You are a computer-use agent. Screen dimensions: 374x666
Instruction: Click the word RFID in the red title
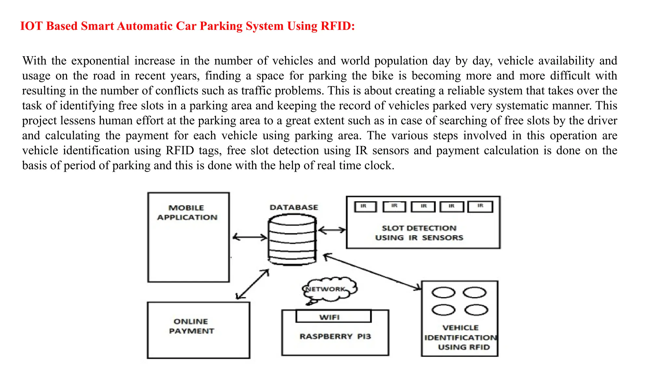(x=337, y=26)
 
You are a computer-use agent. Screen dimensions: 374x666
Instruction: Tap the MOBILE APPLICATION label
(x=187, y=213)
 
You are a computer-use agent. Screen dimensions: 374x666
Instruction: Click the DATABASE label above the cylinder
(x=294, y=207)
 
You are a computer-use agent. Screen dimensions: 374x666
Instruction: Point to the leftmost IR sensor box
(x=365, y=206)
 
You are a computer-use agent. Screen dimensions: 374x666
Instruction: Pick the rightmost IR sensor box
(x=480, y=206)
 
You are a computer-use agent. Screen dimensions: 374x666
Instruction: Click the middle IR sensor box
(x=423, y=206)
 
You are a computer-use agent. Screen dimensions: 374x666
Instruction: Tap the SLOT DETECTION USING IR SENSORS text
(x=419, y=233)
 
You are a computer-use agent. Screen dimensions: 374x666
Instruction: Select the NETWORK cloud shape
(x=328, y=289)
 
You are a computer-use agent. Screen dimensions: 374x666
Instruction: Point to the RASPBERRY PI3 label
(x=335, y=336)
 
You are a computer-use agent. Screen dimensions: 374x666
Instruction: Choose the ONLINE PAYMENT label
(x=191, y=326)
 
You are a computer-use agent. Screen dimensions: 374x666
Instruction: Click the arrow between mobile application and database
(x=250, y=237)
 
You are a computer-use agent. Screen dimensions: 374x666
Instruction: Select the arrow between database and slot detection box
(x=332, y=230)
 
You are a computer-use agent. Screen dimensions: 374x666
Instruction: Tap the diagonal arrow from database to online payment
(x=252, y=284)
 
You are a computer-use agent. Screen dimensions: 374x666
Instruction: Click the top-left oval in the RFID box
(x=443, y=293)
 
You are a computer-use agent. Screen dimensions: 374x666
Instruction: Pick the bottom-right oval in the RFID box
(x=476, y=310)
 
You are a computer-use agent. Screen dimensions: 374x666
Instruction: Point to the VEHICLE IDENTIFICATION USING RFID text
(x=461, y=337)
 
